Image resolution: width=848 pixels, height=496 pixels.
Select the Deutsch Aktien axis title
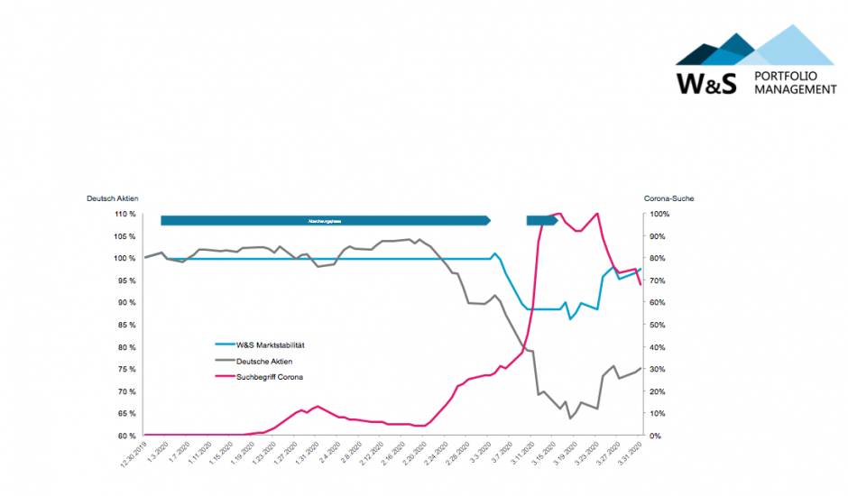113,198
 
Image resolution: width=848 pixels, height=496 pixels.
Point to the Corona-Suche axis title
669,198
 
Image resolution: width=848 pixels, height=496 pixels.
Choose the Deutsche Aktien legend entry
264,361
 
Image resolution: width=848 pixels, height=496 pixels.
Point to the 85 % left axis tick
124,326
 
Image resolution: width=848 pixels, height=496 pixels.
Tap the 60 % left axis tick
124,436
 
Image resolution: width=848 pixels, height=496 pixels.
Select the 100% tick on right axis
659,215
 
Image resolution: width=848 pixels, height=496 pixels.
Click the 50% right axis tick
659,326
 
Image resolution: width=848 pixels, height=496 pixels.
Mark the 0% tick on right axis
656,436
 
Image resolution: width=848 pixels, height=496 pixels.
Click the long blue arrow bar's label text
325,220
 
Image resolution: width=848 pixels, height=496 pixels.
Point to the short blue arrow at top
542,220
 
